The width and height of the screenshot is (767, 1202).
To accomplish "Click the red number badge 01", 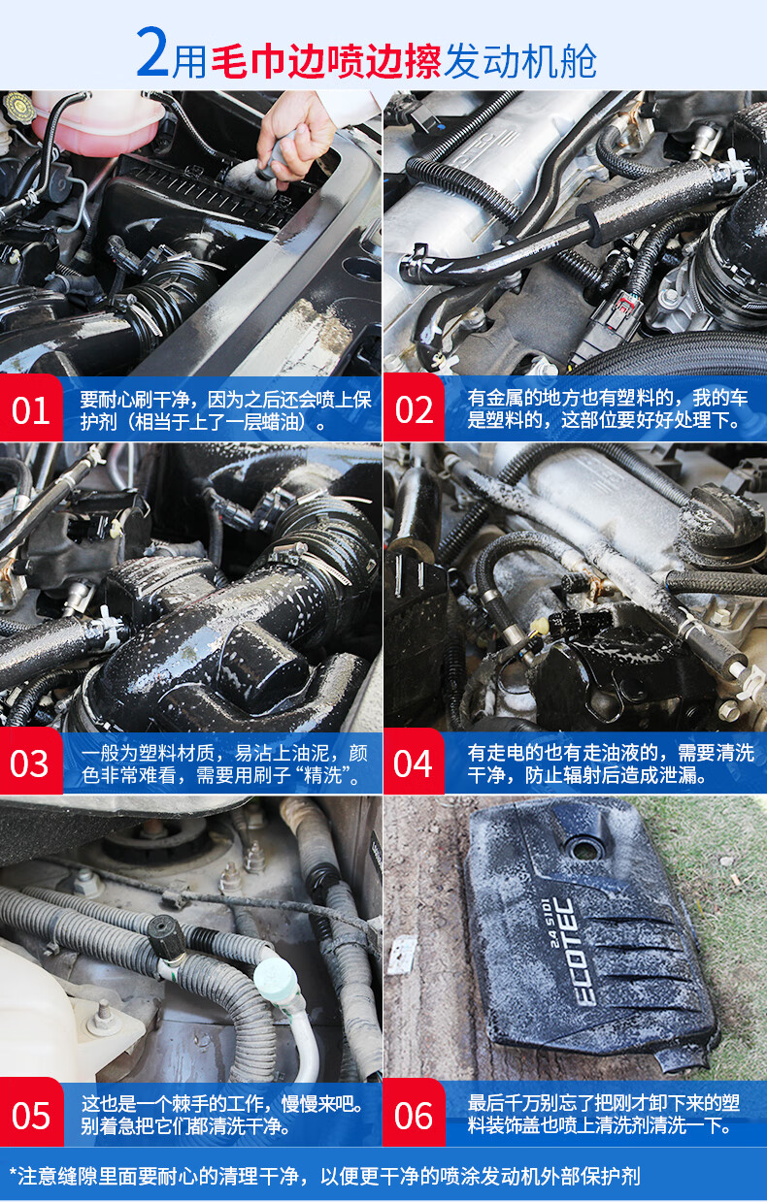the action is point(31,408).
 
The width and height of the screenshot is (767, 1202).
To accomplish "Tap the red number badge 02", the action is point(414,408).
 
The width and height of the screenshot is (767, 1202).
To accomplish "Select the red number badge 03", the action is point(31,761).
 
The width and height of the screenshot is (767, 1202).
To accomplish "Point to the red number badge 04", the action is point(414,761).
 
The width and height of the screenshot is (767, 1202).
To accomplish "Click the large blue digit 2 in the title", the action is point(152,52).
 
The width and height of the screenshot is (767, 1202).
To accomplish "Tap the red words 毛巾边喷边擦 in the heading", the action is point(326,60).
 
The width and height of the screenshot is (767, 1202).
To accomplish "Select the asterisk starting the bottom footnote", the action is point(13,1168).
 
